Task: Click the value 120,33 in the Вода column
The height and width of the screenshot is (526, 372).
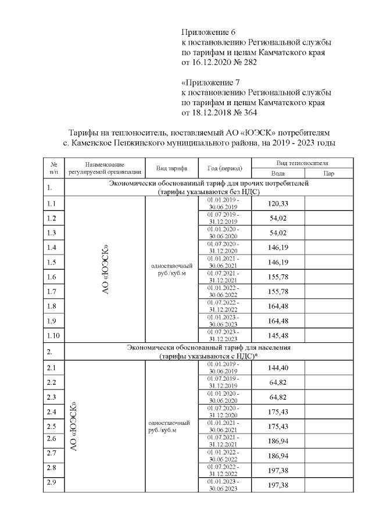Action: tap(278, 203)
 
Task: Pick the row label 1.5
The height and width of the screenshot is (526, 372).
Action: tap(51, 263)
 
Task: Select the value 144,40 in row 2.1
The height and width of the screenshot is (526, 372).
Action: tap(278, 368)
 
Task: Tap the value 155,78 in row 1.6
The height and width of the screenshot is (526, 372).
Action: tap(278, 277)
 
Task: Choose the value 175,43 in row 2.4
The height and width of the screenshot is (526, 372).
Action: tap(278, 412)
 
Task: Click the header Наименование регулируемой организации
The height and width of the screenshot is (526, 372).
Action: tap(105, 169)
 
